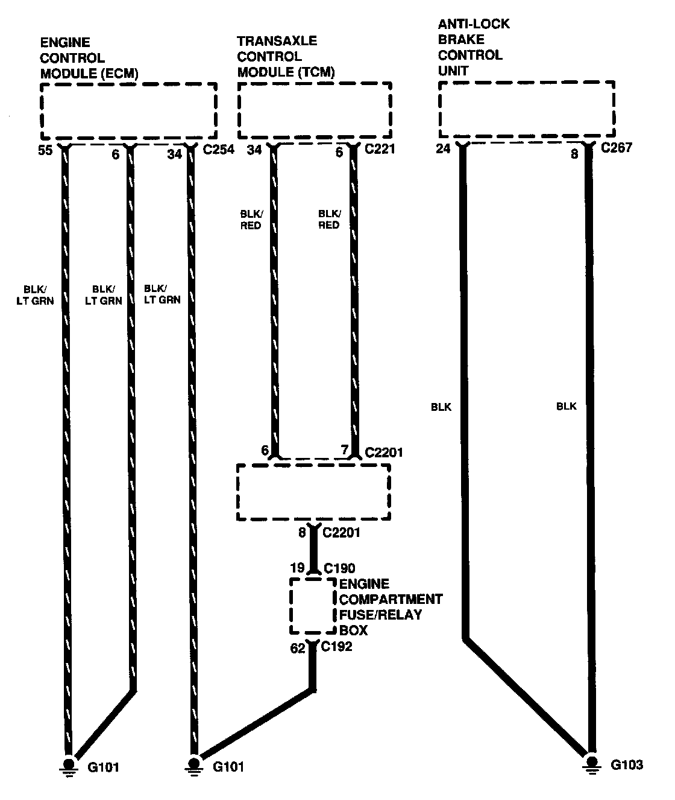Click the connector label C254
click(219, 149)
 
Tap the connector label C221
click(380, 149)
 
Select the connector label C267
click(616, 148)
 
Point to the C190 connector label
click(339, 568)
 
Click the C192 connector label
click(336, 647)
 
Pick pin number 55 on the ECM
click(45, 151)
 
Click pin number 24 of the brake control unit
click(443, 148)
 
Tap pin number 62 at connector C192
click(298, 649)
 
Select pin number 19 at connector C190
click(298, 568)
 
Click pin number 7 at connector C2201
click(344, 451)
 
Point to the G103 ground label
click(627, 765)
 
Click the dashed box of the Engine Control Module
click(128, 111)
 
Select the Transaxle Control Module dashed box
click(315, 111)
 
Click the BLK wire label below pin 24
click(441, 407)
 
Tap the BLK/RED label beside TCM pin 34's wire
click(251, 220)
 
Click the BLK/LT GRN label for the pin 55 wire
click(35, 294)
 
